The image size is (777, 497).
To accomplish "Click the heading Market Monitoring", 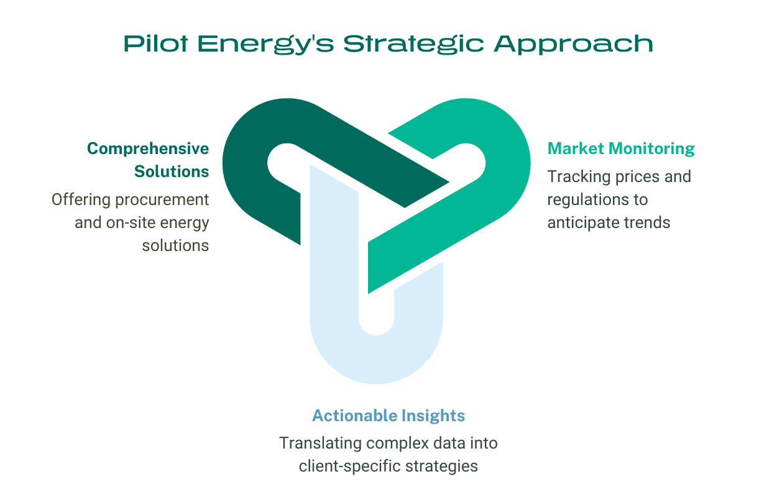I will (620, 148).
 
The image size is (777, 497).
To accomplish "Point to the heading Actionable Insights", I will (388, 415).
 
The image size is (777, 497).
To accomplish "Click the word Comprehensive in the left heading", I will (148, 148).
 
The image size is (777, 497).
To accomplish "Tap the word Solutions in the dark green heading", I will (172, 171).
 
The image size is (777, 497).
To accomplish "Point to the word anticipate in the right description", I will (583, 222).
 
